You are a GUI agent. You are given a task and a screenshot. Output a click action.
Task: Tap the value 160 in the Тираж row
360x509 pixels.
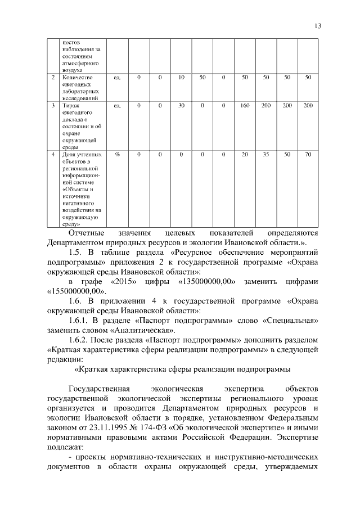click(245, 105)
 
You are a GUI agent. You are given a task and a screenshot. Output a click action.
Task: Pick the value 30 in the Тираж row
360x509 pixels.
click(181, 105)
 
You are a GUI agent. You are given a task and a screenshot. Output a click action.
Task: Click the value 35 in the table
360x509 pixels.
click(266, 154)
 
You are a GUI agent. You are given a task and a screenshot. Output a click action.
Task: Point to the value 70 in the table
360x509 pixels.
click(308, 154)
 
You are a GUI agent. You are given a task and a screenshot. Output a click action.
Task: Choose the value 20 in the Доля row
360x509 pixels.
click(245, 154)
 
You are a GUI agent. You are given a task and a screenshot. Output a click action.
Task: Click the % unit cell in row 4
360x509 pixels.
click(118, 154)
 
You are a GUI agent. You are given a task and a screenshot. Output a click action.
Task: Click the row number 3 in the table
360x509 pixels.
click(53, 105)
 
